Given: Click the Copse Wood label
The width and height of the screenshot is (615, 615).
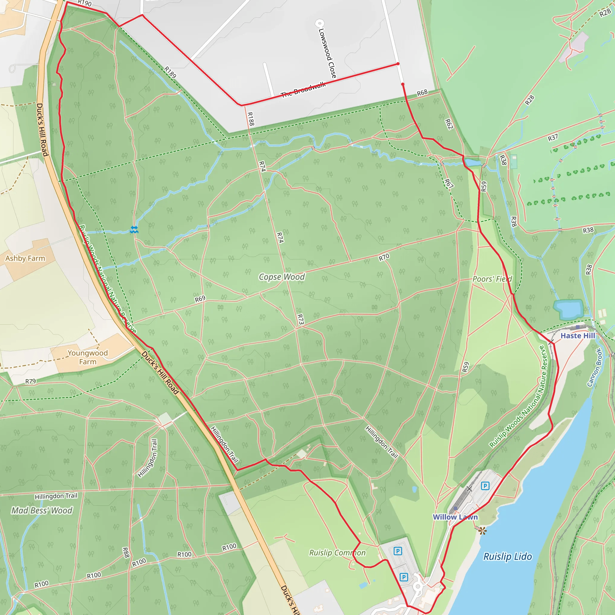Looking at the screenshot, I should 282,277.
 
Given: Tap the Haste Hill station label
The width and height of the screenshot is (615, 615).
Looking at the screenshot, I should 577,336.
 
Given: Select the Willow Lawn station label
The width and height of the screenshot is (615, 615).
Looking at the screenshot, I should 455,517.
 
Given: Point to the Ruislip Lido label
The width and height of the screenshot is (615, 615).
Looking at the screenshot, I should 507,557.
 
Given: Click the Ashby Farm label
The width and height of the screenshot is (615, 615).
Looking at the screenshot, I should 25,259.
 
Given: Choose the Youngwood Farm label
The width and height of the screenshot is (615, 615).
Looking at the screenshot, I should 88,357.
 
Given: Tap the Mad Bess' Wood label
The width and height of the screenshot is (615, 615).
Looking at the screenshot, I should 42,510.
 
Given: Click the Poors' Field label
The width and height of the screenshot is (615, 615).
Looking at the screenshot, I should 492,279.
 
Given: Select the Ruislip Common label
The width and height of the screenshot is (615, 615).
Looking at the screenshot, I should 337,553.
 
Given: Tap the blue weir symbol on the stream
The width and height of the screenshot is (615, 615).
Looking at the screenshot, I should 134,230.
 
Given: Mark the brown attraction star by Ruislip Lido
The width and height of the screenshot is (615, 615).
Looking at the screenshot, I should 482,531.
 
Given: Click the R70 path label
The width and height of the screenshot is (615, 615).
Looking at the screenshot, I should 384,257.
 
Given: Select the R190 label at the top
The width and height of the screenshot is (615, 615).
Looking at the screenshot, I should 85,3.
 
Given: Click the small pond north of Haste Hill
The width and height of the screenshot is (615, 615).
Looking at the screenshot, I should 568,308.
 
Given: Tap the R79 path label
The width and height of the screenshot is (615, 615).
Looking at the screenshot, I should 31,381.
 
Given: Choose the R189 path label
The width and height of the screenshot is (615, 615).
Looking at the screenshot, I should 170,72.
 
